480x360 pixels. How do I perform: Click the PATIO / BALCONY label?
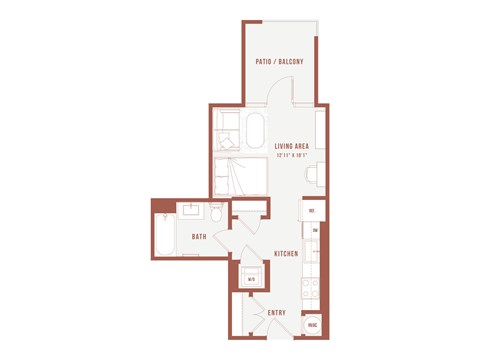point(281,62)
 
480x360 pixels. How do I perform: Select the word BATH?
point(199,237)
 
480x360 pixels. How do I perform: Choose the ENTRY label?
point(277,313)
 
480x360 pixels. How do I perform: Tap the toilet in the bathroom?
point(215,214)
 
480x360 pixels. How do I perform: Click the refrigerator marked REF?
point(312,211)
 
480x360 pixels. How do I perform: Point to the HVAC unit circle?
point(312,326)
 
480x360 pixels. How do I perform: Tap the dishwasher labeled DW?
point(314,231)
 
